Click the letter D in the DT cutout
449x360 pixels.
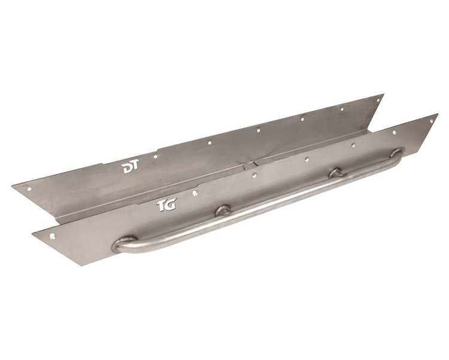point(127,169)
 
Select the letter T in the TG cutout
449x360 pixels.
point(161,206)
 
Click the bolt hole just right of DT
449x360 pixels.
point(156,157)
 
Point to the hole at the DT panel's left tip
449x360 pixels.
point(28,188)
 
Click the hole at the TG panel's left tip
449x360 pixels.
point(53,236)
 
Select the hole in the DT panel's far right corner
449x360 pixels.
point(377,101)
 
